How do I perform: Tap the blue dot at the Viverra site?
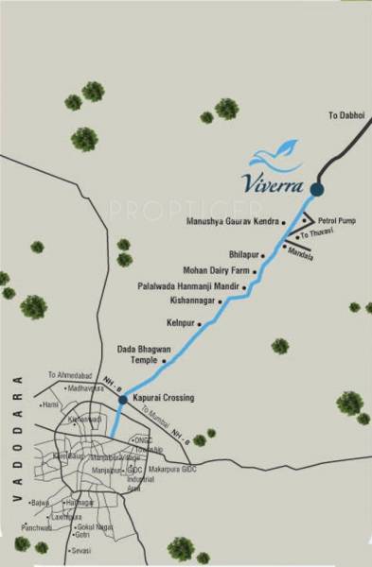coord(317,189)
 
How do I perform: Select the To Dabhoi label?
coord(345,114)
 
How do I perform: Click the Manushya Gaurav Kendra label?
coord(232,220)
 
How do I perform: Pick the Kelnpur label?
coord(181,322)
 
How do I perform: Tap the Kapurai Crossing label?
coord(163,399)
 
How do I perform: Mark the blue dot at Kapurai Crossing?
coord(123,401)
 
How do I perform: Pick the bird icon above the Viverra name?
coord(276,151)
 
